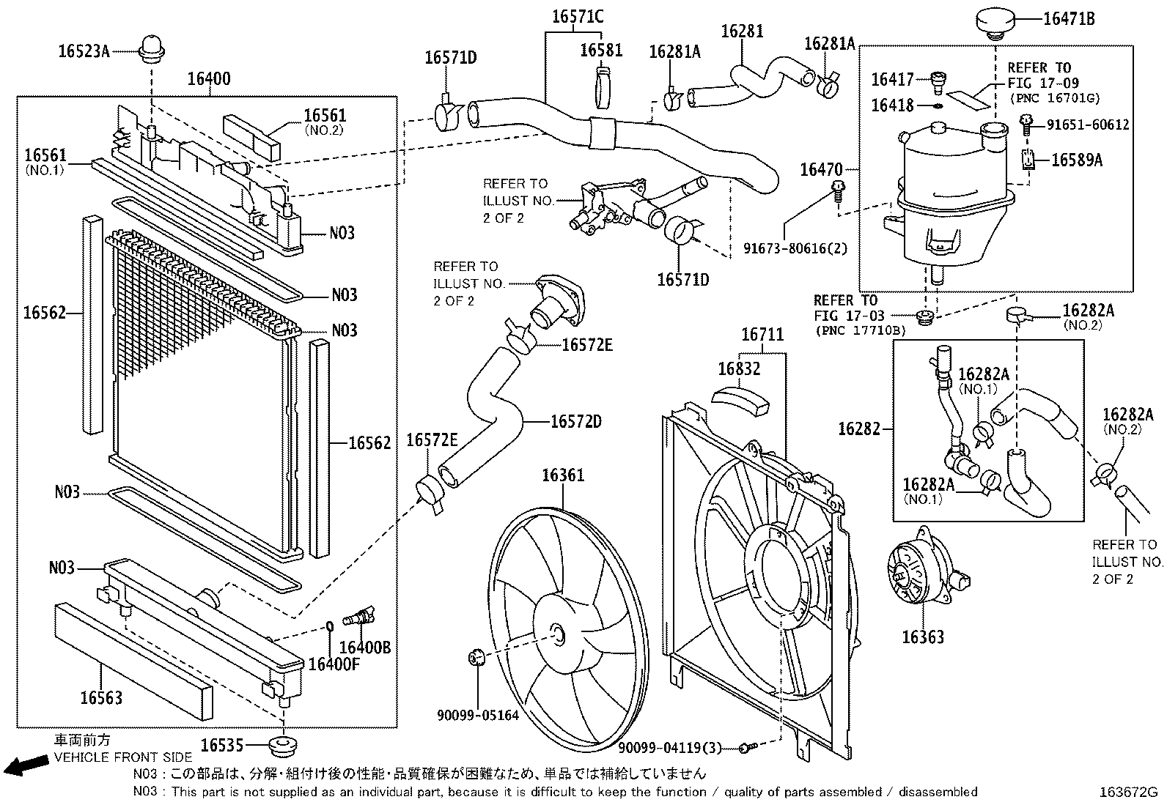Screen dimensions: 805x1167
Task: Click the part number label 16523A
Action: coord(84,51)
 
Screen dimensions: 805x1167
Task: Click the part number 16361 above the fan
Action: coord(563,475)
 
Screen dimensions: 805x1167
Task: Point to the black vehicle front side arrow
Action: coord(24,766)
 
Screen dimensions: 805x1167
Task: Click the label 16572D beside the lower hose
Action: coord(576,421)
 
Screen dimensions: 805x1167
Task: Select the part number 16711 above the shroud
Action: coord(762,335)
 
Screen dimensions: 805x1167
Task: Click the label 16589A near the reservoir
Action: coord(1076,160)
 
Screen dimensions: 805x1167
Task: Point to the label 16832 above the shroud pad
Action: coord(739,369)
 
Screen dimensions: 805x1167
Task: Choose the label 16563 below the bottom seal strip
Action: coord(101,697)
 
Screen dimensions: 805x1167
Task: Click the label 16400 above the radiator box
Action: coord(209,79)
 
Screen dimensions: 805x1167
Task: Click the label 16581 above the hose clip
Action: coord(601,50)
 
